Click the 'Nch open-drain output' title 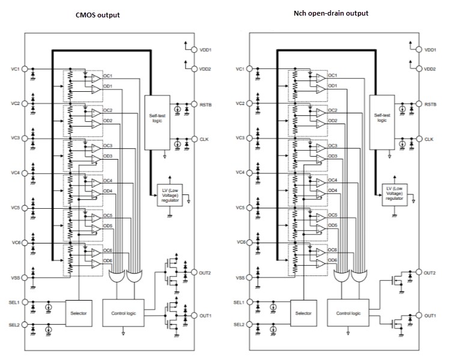pyautogui.click(x=323, y=13)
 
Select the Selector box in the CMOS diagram pyautogui.click(x=80, y=313)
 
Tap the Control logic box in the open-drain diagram pyautogui.click(x=348, y=313)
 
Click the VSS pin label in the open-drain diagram pyautogui.click(x=239, y=278)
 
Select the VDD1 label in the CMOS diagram pyautogui.click(x=207, y=49)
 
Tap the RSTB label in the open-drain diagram pyautogui.click(x=431, y=104)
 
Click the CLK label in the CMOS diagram pyautogui.click(x=206, y=139)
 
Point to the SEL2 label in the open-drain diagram pyautogui.click(x=239, y=324)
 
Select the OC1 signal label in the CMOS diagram pyautogui.click(x=108, y=76)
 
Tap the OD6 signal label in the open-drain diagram pyautogui.click(x=332, y=260)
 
